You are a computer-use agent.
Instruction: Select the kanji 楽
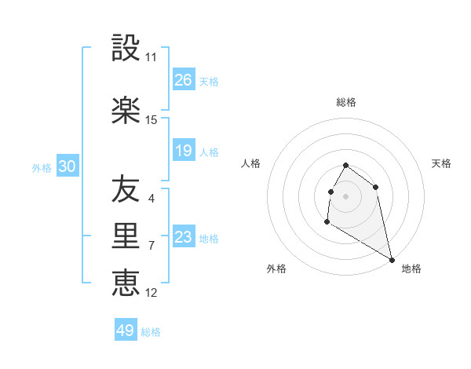pyautogui.click(x=126, y=111)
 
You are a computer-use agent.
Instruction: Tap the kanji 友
pyautogui.click(x=126, y=189)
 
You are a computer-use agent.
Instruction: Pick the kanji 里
pyautogui.click(x=126, y=236)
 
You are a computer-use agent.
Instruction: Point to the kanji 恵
pyautogui.click(x=126, y=283)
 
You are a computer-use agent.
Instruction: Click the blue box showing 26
pyautogui.click(x=184, y=80)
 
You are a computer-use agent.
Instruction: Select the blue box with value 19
pyautogui.click(x=184, y=151)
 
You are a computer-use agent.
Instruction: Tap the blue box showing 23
pyautogui.click(x=184, y=237)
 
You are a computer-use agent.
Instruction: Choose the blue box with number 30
pyautogui.click(x=67, y=166)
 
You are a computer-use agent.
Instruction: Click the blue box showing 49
pyautogui.click(x=126, y=331)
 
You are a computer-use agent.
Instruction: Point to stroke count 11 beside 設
pyautogui.click(x=151, y=57)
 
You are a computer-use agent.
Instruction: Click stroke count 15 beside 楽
pyautogui.click(x=151, y=120)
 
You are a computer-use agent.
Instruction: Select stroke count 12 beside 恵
pyautogui.click(x=151, y=293)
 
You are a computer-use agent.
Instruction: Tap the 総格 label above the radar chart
pyautogui.click(x=346, y=102)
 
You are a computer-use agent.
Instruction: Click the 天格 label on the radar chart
pyautogui.click(x=441, y=163)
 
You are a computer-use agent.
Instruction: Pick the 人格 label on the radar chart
pyautogui.click(x=250, y=163)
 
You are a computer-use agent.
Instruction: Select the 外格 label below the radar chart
pyautogui.click(x=276, y=269)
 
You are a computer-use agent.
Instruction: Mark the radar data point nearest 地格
pyautogui.click(x=392, y=259)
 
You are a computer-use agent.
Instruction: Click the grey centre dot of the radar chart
pyautogui.click(x=346, y=195)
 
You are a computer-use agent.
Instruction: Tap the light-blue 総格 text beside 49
pyautogui.click(x=151, y=332)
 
